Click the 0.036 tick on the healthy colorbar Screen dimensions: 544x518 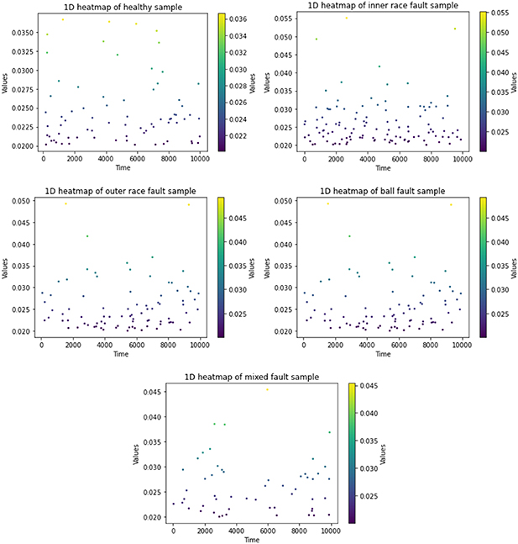point(240,16)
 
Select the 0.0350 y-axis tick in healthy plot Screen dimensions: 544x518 point(18,33)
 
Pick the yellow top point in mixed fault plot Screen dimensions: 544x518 point(267,389)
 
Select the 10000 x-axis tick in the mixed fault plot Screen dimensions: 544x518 point(331,530)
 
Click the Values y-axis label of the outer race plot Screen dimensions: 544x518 point(5,267)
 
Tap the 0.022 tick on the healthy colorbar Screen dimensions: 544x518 point(240,135)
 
